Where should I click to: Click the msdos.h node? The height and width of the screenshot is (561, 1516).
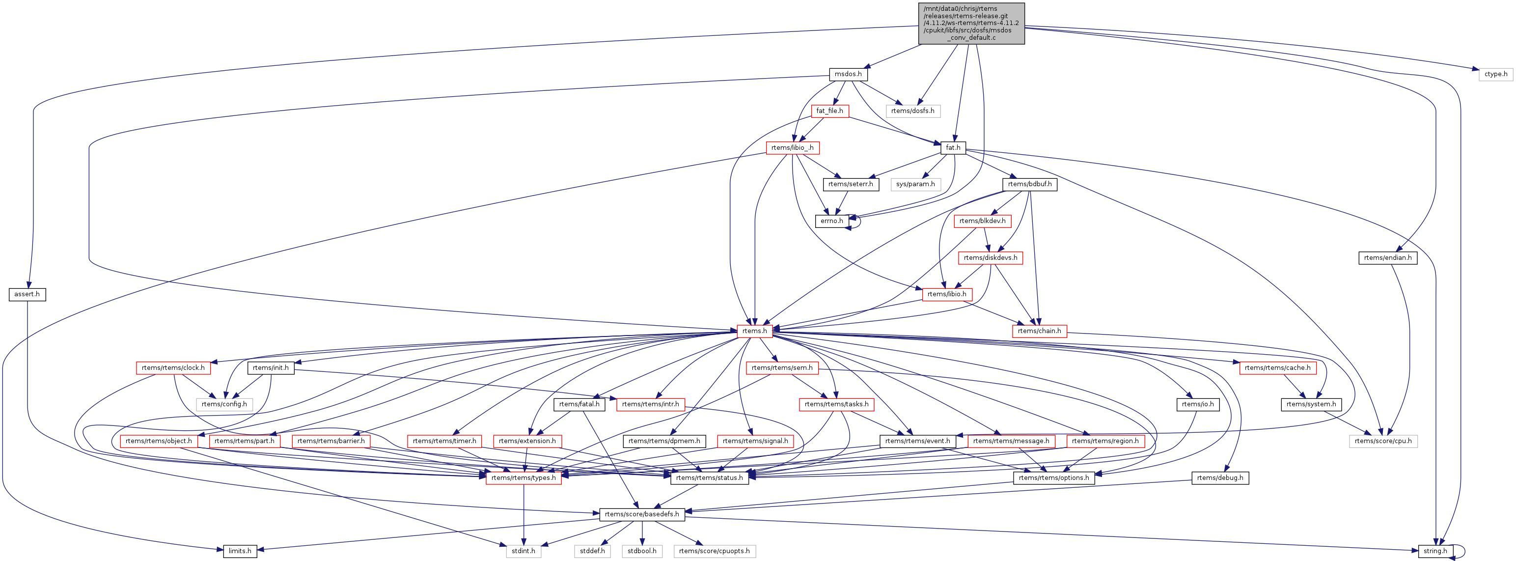848,74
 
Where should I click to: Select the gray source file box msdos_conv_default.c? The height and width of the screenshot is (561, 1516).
971,24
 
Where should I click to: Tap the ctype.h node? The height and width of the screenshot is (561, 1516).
1495,74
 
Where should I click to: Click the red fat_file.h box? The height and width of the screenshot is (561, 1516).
829,111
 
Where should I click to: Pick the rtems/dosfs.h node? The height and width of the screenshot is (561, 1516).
912,111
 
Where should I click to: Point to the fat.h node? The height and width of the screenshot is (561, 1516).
953,148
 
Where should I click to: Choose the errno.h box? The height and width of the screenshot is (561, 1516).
831,221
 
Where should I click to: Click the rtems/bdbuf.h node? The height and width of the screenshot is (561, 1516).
1029,184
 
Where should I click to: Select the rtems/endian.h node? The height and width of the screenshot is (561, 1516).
1387,258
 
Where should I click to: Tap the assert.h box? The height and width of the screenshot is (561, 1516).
27,294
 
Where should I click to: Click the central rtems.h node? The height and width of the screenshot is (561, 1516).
754,331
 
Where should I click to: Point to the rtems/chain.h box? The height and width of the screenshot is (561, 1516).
1039,331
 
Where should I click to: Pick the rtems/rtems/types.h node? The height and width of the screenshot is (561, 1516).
523,478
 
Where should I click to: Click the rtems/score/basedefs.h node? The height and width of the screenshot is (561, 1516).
641,514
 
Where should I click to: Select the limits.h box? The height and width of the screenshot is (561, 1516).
240,552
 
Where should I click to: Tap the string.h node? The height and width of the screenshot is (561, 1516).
1435,552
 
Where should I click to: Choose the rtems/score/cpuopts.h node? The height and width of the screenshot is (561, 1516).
714,552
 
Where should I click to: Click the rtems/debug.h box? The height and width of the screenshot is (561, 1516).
1220,478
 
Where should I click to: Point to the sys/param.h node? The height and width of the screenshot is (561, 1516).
915,184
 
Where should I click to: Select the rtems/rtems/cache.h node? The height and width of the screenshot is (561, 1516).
1277,368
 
